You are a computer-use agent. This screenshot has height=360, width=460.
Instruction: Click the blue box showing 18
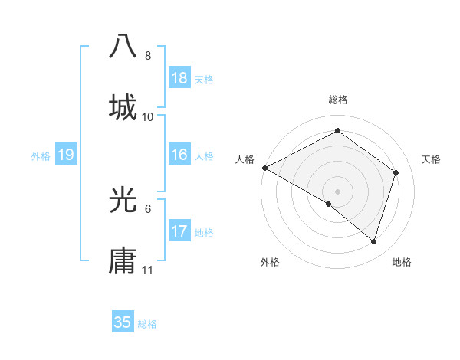[x=179, y=78]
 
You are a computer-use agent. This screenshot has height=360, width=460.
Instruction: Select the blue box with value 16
[x=179, y=155]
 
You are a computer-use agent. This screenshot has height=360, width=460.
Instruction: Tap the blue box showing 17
[x=179, y=231]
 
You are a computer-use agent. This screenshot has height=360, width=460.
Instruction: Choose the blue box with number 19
[x=66, y=155]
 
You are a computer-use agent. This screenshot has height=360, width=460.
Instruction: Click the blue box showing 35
[x=123, y=322]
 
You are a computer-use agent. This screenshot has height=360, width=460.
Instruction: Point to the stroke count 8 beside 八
[x=148, y=56]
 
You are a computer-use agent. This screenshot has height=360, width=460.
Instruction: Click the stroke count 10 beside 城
[x=148, y=117]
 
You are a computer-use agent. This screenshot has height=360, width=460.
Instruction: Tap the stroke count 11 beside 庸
[x=148, y=270]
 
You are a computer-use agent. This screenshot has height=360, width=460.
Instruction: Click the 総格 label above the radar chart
[x=337, y=100]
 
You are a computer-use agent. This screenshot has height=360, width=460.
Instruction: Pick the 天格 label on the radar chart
[x=431, y=159]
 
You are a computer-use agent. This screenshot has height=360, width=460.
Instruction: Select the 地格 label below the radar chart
[x=402, y=263]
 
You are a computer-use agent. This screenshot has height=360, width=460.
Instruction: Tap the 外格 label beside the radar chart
[x=270, y=263]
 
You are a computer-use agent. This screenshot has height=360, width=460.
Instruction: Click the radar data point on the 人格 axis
[x=264, y=168]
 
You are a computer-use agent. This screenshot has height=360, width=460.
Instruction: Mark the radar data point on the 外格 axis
[x=329, y=204]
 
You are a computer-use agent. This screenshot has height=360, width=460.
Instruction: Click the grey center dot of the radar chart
[x=337, y=191]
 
